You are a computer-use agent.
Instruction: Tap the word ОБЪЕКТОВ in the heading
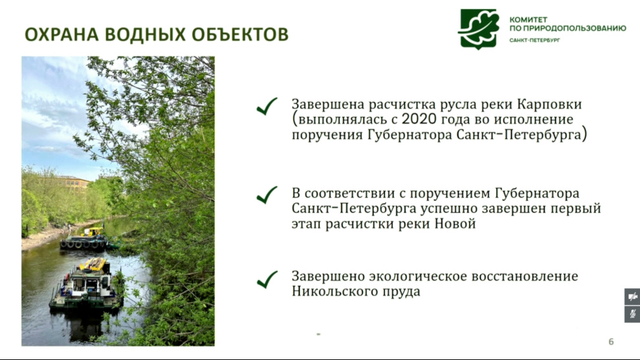[x=240, y=34]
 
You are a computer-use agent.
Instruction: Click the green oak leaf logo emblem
[x=480, y=28]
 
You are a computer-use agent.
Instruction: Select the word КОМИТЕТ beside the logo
[x=528, y=19]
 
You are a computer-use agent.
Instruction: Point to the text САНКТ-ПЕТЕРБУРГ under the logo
[x=535, y=40]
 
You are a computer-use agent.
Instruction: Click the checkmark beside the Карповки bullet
[x=267, y=106]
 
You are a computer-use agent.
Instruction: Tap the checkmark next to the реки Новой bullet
[x=267, y=195]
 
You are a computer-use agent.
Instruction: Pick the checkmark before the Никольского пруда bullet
[x=267, y=280]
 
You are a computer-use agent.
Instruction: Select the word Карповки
[x=549, y=105]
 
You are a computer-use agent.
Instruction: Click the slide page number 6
[x=611, y=342]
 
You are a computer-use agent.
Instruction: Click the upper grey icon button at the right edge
[x=632, y=297]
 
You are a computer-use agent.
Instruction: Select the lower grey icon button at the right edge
[x=632, y=314]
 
